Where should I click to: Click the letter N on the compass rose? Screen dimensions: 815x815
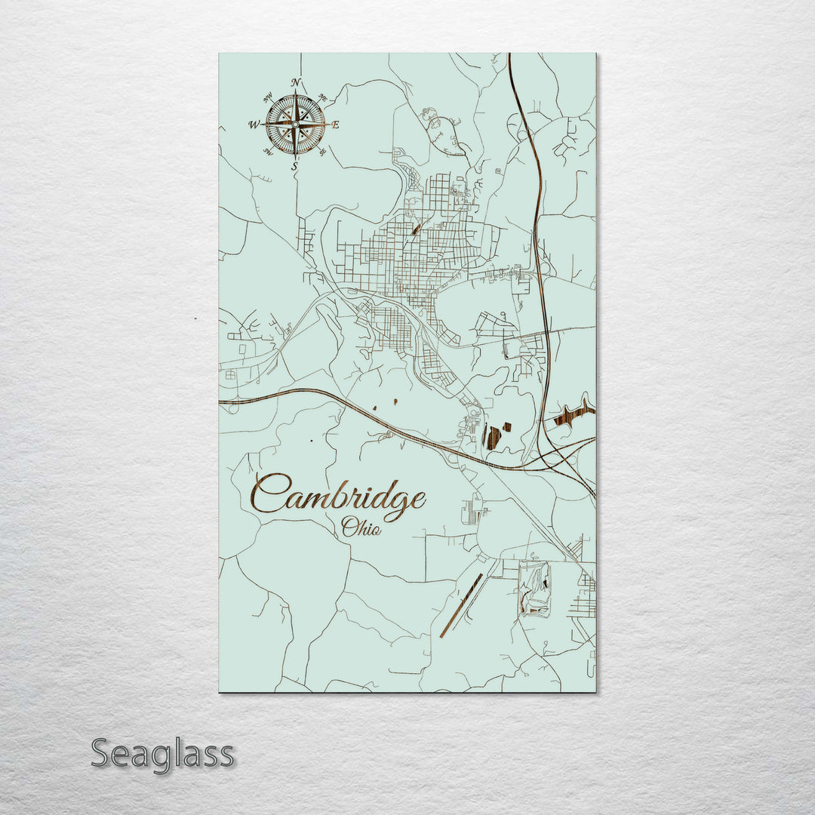pyautogui.click(x=297, y=82)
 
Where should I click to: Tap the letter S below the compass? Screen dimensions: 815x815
pyautogui.click(x=296, y=168)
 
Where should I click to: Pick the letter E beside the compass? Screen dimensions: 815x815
pyautogui.click(x=337, y=125)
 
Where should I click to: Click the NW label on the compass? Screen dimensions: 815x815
pyautogui.click(x=268, y=97)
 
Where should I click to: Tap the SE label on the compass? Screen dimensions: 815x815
pyautogui.click(x=323, y=152)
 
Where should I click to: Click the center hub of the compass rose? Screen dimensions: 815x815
pyautogui.click(x=296, y=124)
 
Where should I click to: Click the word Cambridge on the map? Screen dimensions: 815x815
pyautogui.click(x=338, y=497)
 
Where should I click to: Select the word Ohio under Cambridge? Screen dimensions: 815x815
pyautogui.click(x=361, y=527)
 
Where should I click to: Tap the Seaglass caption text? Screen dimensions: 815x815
pyautogui.click(x=162, y=754)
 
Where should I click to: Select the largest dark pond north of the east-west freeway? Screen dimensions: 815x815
pyautogui.click(x=493, y=438)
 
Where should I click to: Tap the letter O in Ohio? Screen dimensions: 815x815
pyautogui.click(x=349, y=527)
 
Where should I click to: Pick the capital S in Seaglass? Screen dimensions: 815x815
pyautogui.click(x=103, y=753)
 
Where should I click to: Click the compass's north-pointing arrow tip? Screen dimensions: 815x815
pyautogui.click(x=296, y=93)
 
